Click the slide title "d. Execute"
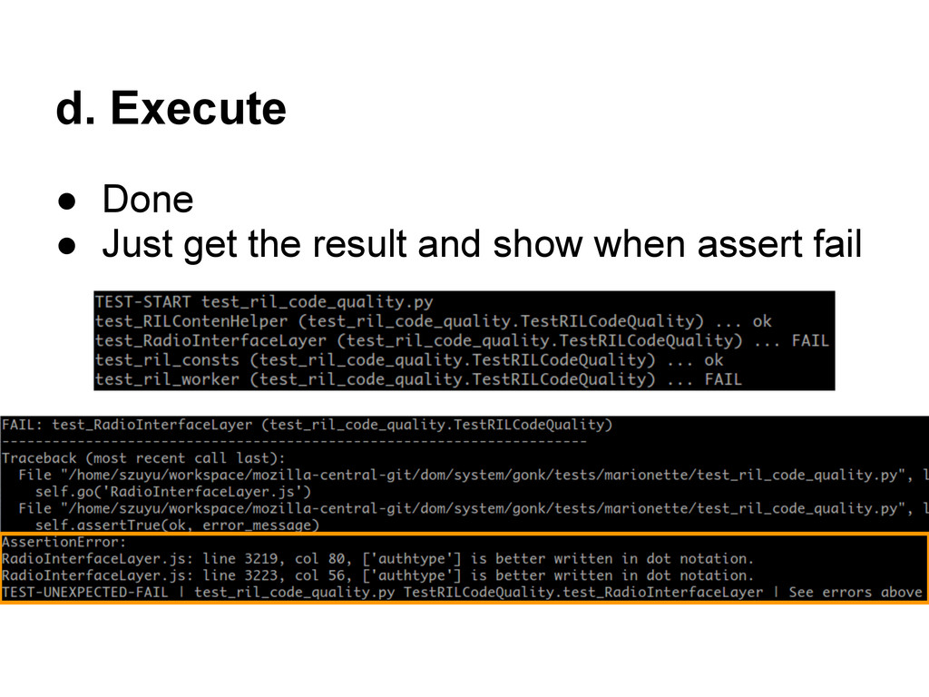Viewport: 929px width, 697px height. pyautogui.click(x=171, y=110)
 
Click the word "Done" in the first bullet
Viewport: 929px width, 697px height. pyautogui.click(x=147, y=200)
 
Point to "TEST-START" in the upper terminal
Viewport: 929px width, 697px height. pyautogui.click(x=143, y=302)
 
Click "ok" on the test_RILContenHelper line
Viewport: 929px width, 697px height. pyautogui.click(x=762, y=321)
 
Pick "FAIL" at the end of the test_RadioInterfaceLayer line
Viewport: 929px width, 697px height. pyautogui.click(x=810, y=340)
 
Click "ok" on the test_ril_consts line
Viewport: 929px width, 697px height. pyautogui.click(x=713, y=360)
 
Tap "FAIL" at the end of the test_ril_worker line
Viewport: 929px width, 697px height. pyautogui.click(x=722, y=379)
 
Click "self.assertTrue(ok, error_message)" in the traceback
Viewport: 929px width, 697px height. pyautogui.click(x=178, y=525)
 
